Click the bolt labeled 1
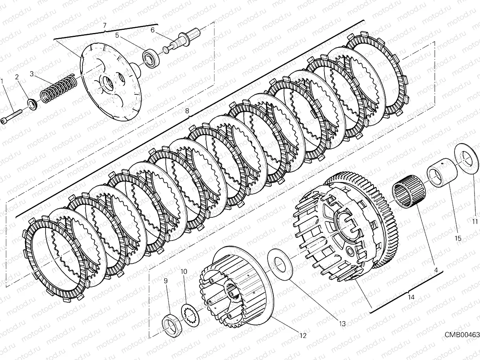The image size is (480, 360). tap(12, 116)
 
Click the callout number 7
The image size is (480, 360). tap(104, 26)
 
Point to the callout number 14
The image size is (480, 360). tap(411, 297)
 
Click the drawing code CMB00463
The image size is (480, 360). tap(462, 334)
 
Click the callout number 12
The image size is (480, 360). tap(302, 336)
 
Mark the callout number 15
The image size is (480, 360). tap(458, 238)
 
